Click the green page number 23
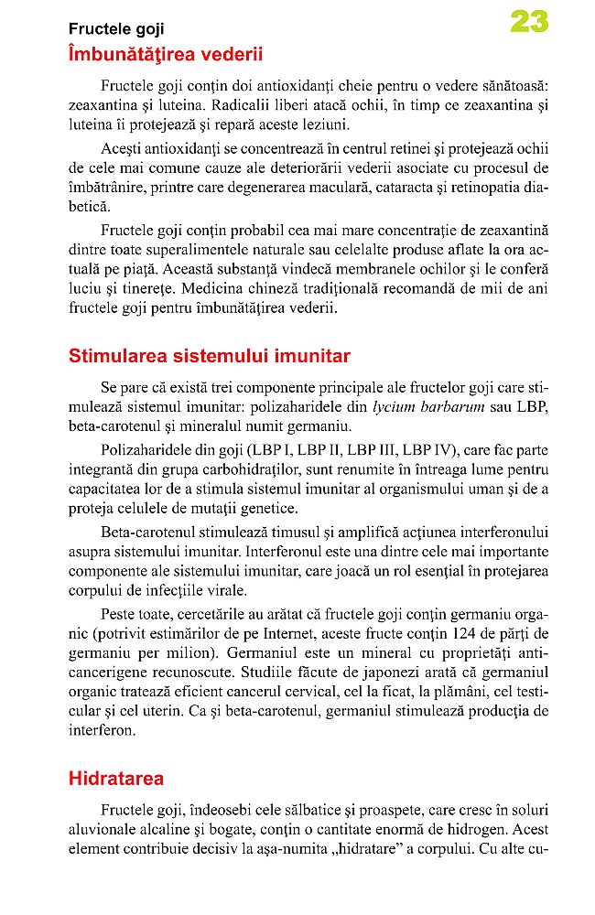pyautogui.click(x=528, y=23)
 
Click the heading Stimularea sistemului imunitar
pyautogui.click(x=210, y=356)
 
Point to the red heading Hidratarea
pyautogui.click(x=116, y=779)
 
